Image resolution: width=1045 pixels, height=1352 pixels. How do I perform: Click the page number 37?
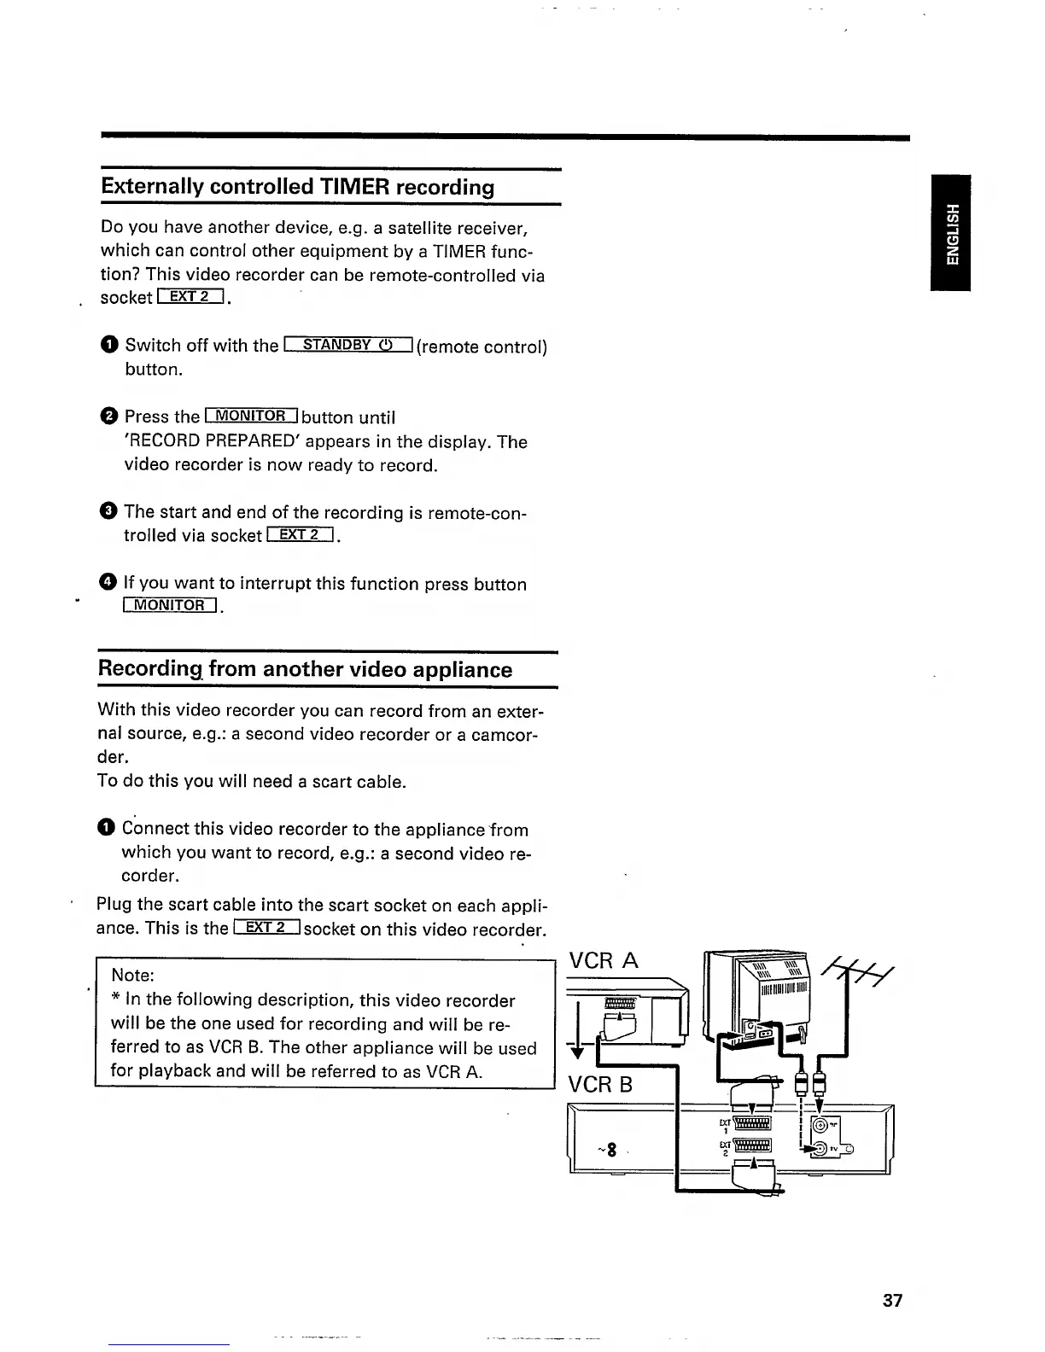(892, 1301)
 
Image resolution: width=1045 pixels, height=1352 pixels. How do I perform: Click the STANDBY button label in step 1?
(348, 345)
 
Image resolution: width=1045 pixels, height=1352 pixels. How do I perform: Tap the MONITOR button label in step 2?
(251, 417)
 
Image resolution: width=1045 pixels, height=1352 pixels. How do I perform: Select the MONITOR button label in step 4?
(171, 606)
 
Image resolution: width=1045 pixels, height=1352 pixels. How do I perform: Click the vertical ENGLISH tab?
(951, 233)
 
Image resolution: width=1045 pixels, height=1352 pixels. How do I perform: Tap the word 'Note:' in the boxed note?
(132, 976)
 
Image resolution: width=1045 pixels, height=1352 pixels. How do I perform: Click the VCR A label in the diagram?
(603, 960)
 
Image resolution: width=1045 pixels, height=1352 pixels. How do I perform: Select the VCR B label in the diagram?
(600, 1085)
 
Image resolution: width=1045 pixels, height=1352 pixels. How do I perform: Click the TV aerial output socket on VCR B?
(820, 1150)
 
